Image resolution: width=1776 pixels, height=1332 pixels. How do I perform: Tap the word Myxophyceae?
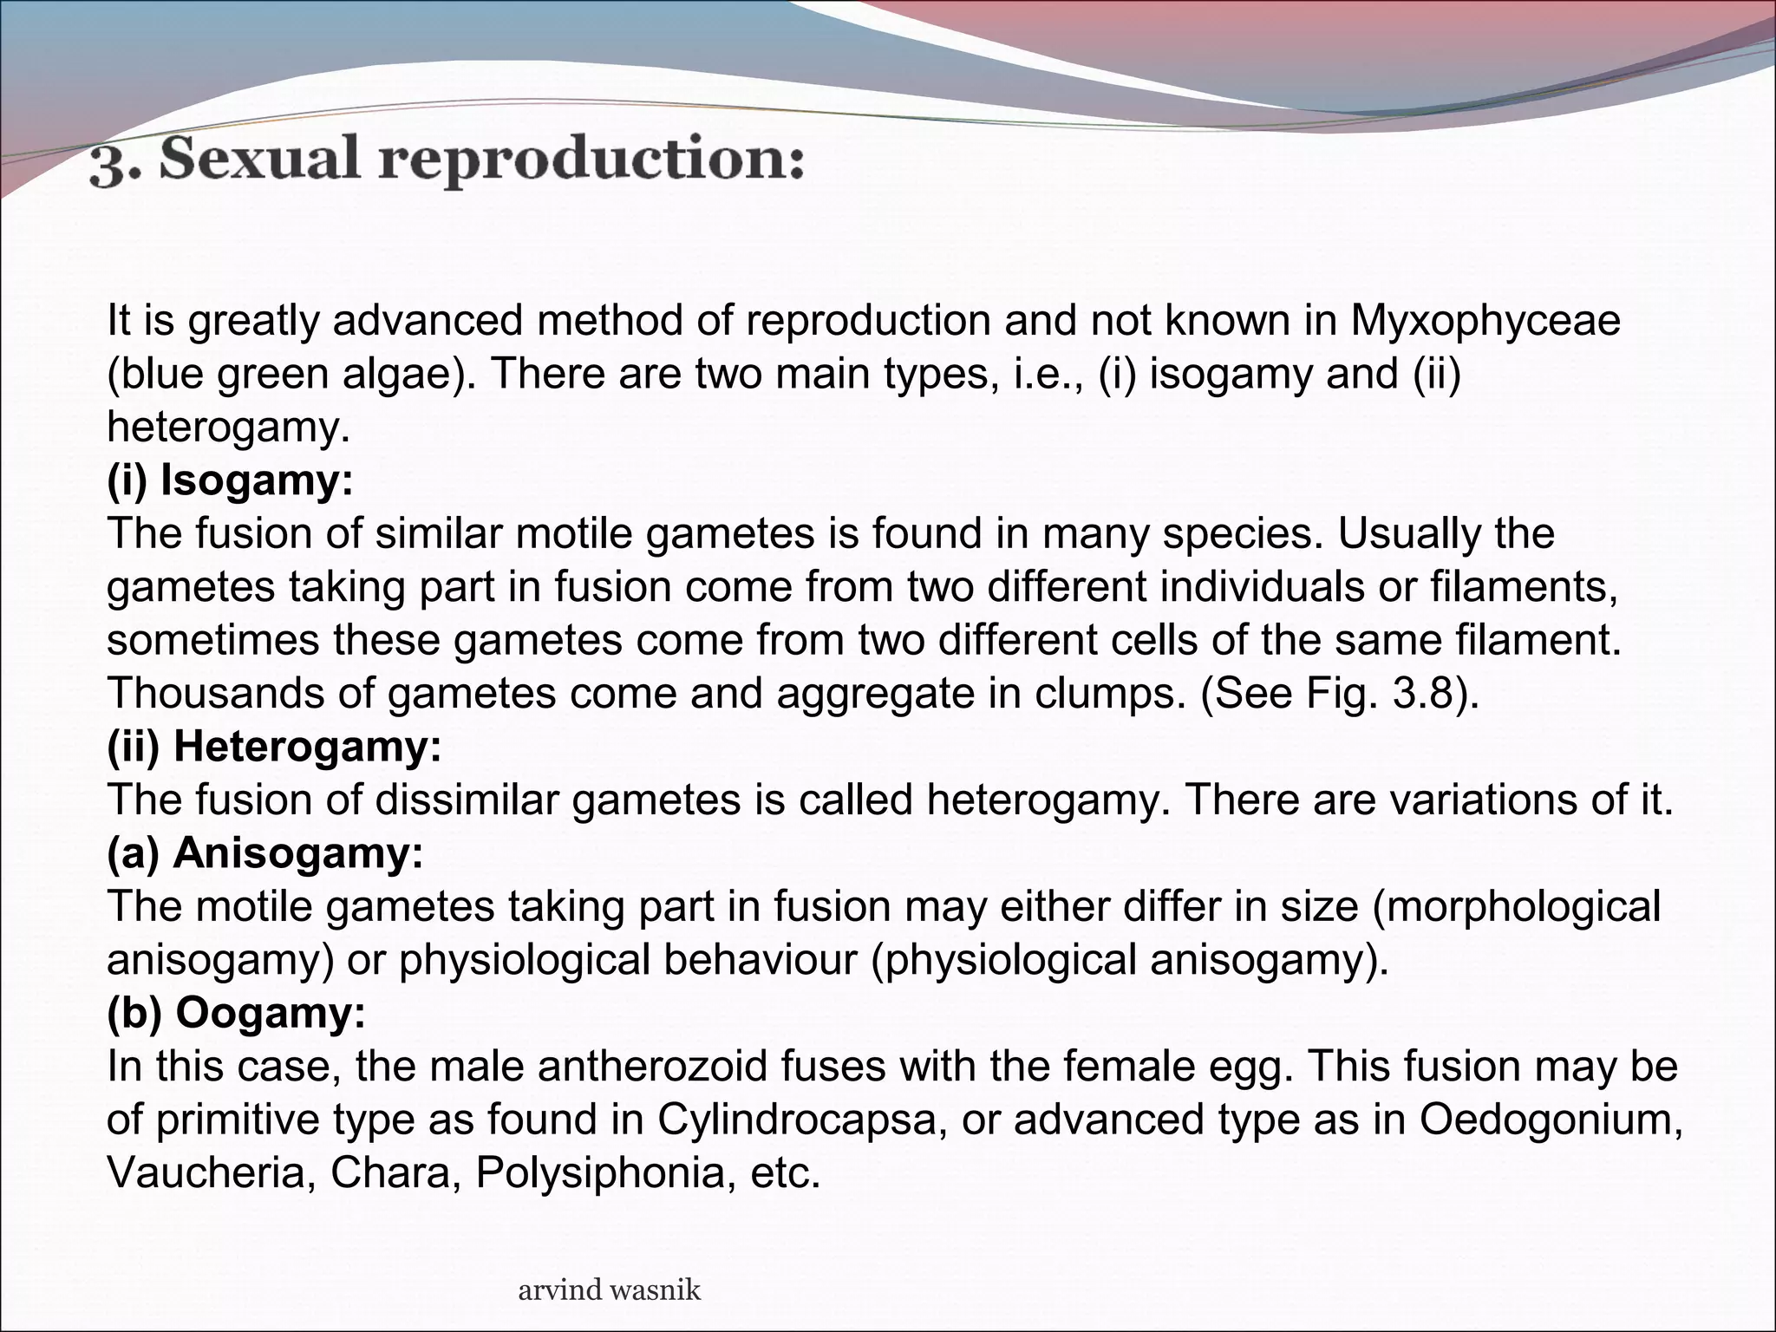[x=1485, y=320]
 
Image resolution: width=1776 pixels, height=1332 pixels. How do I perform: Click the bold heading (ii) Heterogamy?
[x=274, y=746]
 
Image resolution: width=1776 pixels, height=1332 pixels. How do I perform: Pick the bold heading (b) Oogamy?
[x=236, y=1012]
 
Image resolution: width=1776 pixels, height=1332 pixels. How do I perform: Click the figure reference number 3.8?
[x=1420, y=693]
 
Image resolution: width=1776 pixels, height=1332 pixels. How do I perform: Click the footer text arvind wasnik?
[x=609, y=1290]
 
